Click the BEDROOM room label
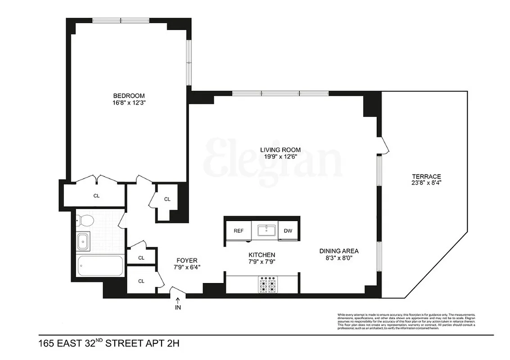(129, 95)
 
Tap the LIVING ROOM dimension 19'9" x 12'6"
(280, 157)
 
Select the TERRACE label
(426, 176)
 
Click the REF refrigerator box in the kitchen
(238, 231)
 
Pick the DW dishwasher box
(288, 231)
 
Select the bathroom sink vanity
(83, 241)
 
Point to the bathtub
(100, 265)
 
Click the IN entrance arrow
(178, 305)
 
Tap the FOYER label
(186, 260)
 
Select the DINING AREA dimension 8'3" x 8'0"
(339, 258)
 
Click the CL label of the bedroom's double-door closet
(96, 196)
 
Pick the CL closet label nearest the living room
(167, 199)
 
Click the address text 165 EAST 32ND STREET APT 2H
(109, 344)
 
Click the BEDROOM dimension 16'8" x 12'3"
(129, 103)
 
